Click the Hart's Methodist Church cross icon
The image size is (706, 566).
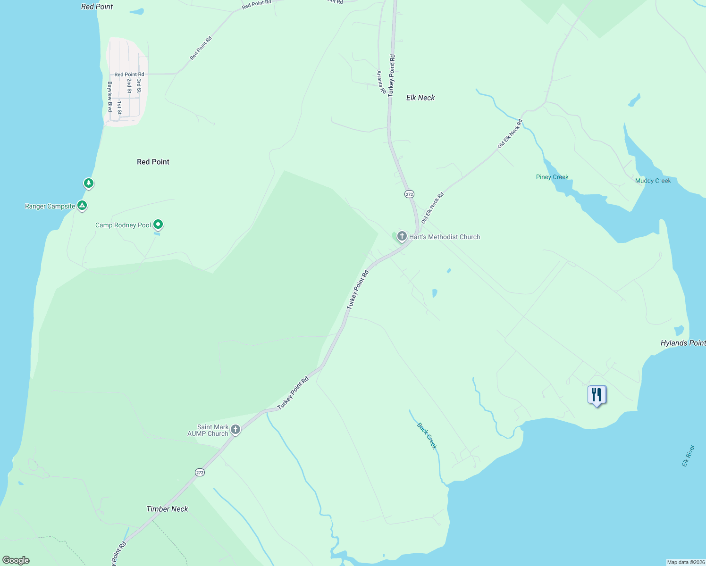(402, 236)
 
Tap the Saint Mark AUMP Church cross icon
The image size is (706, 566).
(235, 430)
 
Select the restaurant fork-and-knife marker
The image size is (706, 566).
(597, 395)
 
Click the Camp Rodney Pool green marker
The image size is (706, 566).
(158, 225)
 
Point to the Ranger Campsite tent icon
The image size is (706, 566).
(82, 205)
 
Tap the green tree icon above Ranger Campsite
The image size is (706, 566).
(88, 183)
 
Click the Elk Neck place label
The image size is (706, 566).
(420, 98)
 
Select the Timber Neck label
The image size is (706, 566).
(167, 509)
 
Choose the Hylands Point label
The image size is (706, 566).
(683, 343)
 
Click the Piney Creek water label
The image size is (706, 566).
(552, 177)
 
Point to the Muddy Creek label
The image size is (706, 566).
(653, 181)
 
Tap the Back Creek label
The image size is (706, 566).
(427, 436)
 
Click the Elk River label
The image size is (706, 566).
(688, 456)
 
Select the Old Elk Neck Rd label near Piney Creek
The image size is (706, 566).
(510, 134)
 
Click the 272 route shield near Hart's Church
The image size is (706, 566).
(409, 194)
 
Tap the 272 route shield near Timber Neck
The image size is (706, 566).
(200, 472)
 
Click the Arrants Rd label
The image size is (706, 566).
(380, 82)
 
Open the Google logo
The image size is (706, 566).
(16, 560)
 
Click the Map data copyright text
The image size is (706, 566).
(686, 562)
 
